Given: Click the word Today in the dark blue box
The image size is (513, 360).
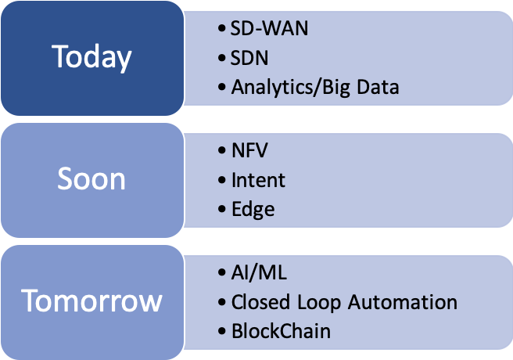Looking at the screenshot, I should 91,57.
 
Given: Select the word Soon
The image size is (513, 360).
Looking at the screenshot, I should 91,179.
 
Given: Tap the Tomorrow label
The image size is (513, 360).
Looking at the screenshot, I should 91,301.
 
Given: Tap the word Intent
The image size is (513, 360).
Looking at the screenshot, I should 258,180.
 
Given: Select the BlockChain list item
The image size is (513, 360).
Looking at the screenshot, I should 281,331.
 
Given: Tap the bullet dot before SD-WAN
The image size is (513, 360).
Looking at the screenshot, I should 223,30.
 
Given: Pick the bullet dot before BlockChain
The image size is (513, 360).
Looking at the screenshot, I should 223,332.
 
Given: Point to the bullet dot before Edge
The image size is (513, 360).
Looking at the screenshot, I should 223,210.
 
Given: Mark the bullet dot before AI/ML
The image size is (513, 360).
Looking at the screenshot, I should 223,274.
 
